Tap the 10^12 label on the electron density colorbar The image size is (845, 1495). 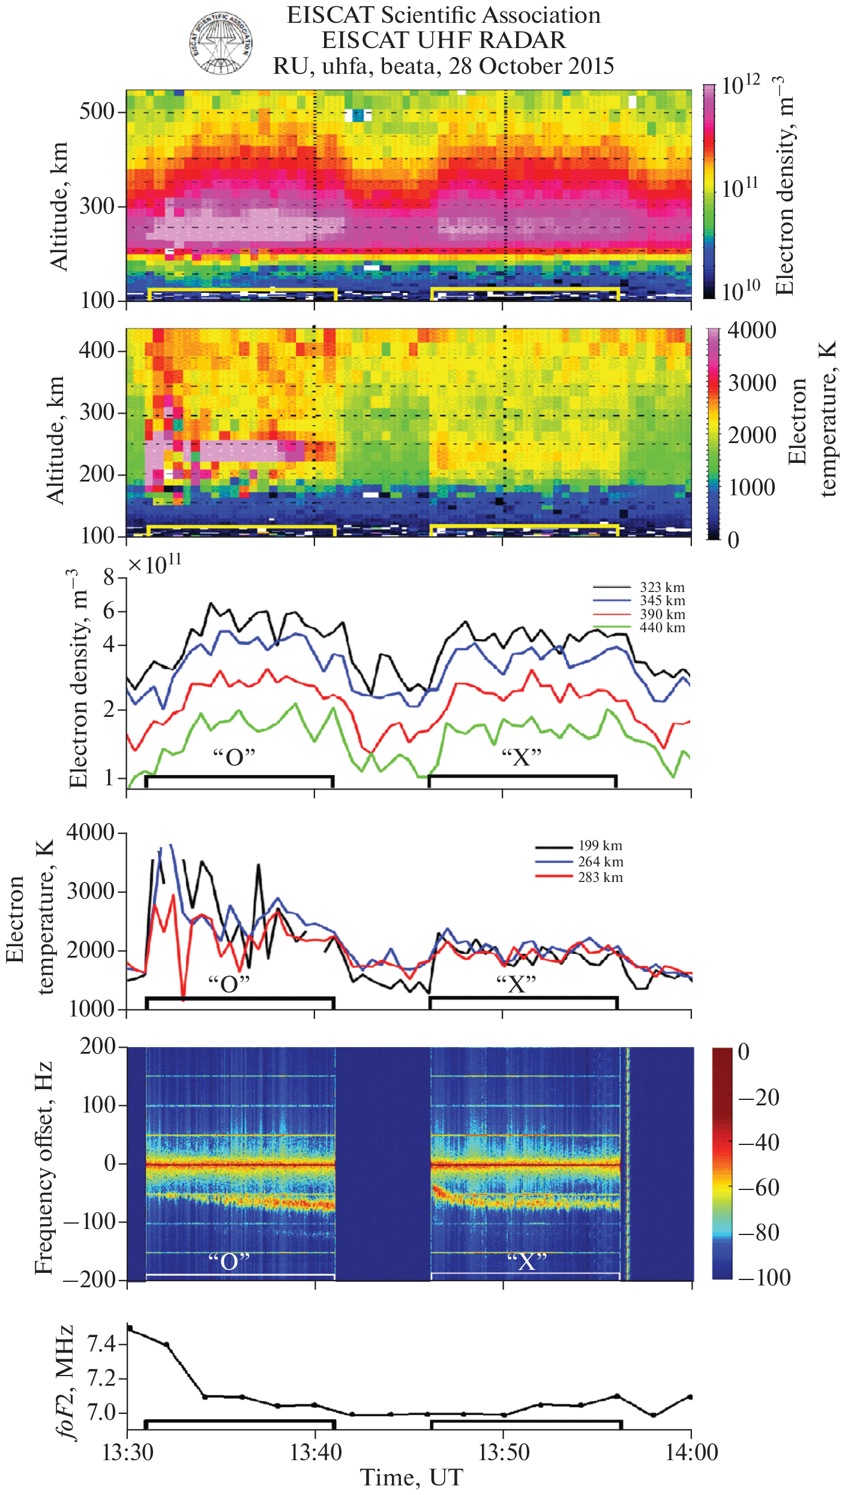[741, 86]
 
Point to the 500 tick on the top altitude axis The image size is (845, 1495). [97, 112]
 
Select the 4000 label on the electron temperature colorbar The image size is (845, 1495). [751, 331]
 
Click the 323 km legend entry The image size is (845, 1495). [662, 587]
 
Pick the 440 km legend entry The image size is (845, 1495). [662, 628]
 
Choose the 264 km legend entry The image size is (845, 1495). [600, 862]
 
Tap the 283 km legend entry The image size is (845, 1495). [600, 878]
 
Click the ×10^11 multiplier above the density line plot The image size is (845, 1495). [154, 564]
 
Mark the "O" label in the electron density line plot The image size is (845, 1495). [234, 757]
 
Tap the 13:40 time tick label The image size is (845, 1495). [316, 1452]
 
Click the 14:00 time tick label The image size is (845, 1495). [691, 1452]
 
